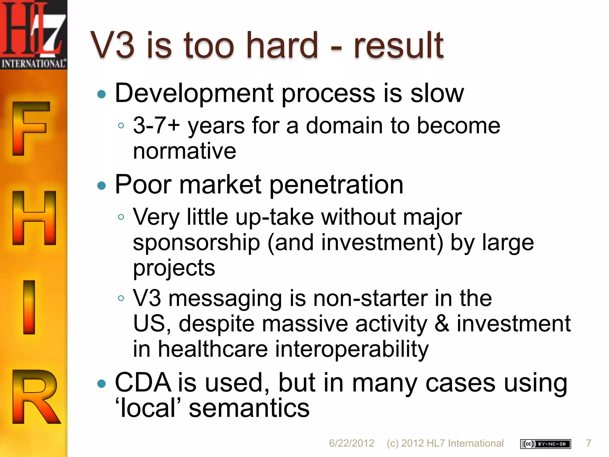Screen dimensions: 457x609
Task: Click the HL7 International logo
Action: coord(33,34)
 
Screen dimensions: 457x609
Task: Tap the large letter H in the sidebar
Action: coord(34,218)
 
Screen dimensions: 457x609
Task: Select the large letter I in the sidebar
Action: coord(29,307)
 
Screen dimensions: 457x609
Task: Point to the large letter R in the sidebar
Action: coord(35,396)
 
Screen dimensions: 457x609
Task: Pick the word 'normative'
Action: coord(184,151)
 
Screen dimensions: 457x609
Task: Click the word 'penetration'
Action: coord(336,185)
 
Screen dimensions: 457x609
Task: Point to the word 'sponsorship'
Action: coord(196,243)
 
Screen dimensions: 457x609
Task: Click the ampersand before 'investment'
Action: coord(442,324)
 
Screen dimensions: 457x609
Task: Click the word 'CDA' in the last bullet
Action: coord(143,383)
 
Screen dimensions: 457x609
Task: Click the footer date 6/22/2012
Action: coord(351,443)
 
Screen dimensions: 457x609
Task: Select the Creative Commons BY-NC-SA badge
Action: coord(545,444)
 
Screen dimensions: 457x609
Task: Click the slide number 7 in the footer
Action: coord(588,443)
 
